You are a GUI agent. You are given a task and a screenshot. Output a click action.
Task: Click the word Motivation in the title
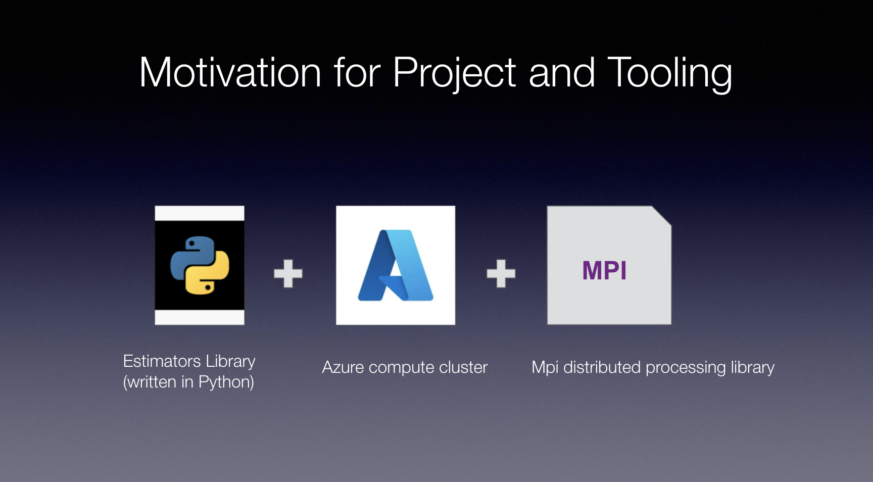pyautogui.click(x=230, y=72)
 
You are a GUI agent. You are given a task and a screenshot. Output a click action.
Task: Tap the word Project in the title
pyautogui.click(x=454, y=74)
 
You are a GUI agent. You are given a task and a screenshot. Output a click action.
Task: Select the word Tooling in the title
pyautogui.click(x=670, y=74)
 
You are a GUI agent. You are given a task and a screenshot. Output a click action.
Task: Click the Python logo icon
pyautogui.click(x=200, y=265)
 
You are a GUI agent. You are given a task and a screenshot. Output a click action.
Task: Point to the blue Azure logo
pyautogui.click(x=396, y=265)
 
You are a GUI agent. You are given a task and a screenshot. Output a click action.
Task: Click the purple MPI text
pyautogui.click(x=604, y=270)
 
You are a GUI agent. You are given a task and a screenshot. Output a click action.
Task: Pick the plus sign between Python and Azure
pyautogui.click(x=288, y=273)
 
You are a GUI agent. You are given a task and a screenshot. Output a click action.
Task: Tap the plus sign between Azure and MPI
pyautogui.click(x=501, y=273)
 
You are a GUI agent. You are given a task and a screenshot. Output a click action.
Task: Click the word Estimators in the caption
pyautogui.click(x=162, y=361)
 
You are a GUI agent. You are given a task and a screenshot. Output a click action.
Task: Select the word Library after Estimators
pyautogui.click(x=230, y=362)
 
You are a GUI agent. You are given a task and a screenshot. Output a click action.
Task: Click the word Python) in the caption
pyautogui.click(x=226, y=382)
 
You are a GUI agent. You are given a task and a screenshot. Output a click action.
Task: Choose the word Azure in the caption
pyautogui.click(x=343, y=367)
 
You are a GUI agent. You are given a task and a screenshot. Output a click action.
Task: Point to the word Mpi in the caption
pyautogui.click(x=545, y=368)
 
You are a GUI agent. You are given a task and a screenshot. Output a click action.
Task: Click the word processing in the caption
pyautogui.click(x=686, y=368)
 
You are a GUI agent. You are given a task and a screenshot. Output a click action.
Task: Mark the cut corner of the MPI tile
pyautogui.click(x=661, y=216)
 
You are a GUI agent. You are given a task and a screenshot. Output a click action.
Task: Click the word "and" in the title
pyautogui.click(x=562, y=72)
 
